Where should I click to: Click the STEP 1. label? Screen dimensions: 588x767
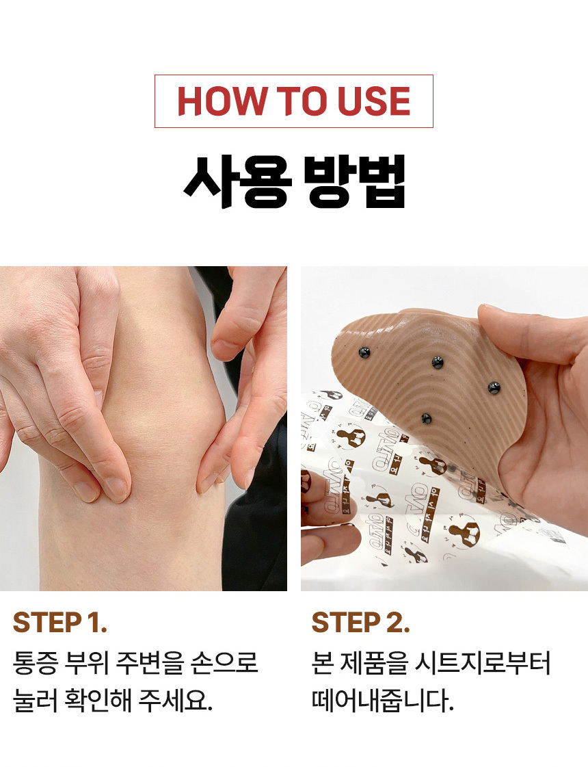59,623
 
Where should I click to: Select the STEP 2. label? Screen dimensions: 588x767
360,623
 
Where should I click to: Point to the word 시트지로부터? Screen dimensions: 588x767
483,663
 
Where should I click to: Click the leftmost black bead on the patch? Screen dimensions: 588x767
364,352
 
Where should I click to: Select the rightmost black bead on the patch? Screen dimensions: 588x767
494,389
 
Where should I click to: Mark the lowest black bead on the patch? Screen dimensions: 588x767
426,419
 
